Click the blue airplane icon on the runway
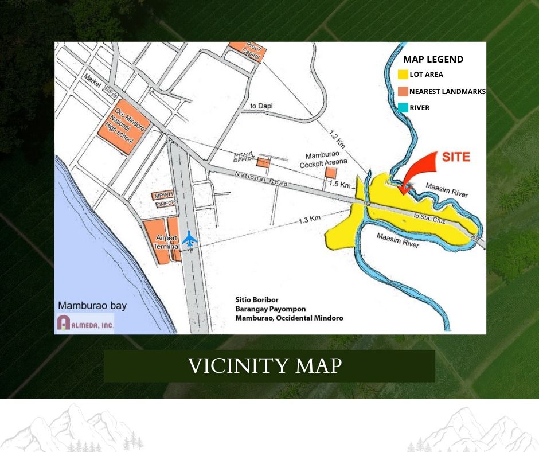[190, 238]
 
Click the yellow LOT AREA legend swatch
[403, 75]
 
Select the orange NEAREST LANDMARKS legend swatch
[403, 91]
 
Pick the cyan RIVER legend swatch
[403, 107]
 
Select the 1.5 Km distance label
[341, 185]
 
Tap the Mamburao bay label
[92, 306]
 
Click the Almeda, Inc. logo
[85, 324]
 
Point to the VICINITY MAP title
[265, 365]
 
